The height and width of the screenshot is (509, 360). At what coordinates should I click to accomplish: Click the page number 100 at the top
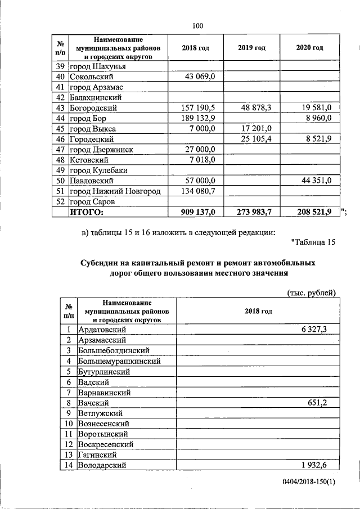tap(197, 25)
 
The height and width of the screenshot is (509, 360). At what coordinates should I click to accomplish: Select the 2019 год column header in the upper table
tap(252, 48)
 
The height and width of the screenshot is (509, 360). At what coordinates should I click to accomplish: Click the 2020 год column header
tap(309, 48)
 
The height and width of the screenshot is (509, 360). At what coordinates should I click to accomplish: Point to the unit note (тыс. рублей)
tap(312, 292)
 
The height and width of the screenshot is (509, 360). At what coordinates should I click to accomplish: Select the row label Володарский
tap(102, 465)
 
